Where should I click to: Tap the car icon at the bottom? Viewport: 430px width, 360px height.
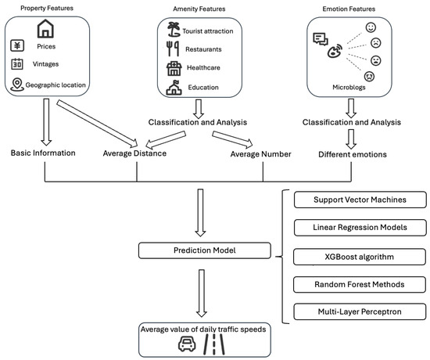[x=186, y=344]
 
